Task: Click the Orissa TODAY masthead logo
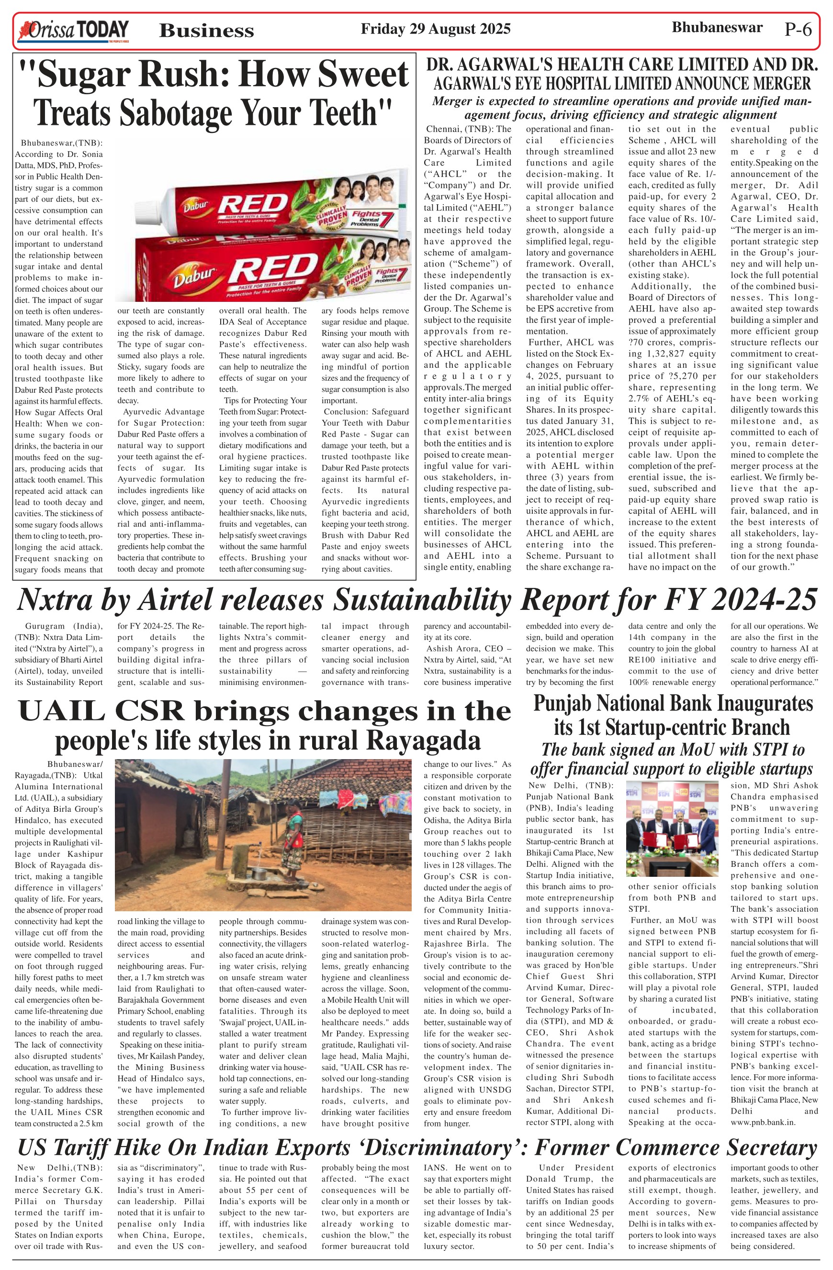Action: [x=73, y=31]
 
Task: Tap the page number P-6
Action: [x=798, y=29]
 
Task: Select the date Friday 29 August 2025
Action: [x=435, y=29]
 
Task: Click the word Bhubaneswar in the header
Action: [x=717, y=28]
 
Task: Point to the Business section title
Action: [x=206, y=31]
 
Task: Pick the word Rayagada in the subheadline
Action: [x=427, y=740]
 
